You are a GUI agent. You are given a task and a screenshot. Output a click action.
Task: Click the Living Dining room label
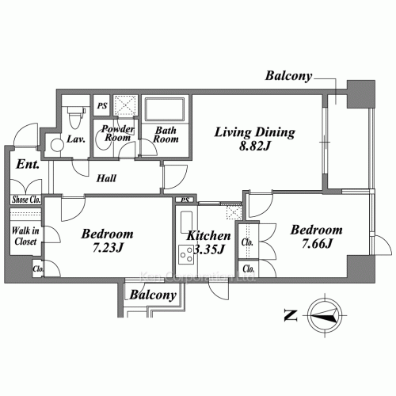coord(255,132)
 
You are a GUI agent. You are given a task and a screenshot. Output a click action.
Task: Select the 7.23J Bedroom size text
coord(108,248)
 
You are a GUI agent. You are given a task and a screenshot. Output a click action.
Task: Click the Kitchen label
coord(208,236)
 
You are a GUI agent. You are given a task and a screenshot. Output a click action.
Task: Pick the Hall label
coord(108,179)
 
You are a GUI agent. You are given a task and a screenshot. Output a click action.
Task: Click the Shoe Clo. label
coord(26,200)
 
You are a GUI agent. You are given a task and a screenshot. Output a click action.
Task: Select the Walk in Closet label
coord(26,236)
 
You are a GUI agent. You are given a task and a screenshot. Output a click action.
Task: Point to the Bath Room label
coord(166,135)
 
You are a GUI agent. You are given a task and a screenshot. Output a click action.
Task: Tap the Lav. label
coord(77,139)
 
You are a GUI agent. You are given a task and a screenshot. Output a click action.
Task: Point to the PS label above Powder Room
coord(101,105)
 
